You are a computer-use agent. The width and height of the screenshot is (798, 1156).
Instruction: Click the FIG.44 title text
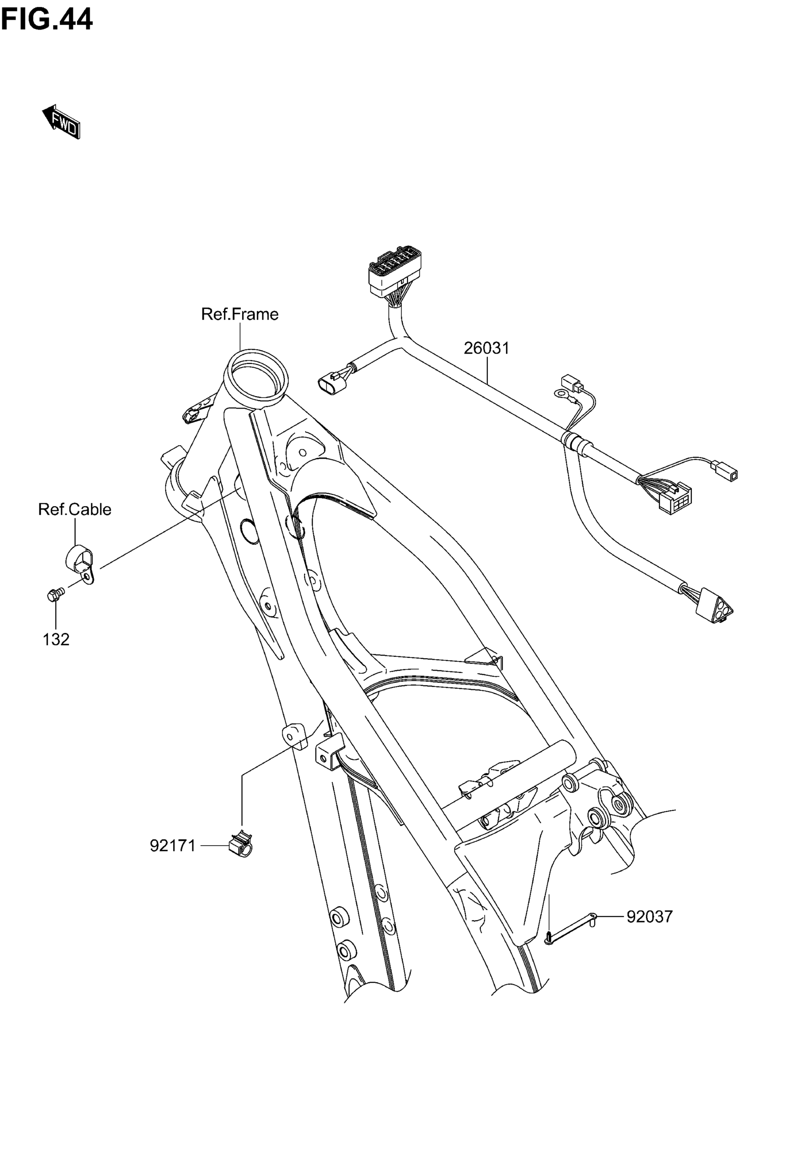[46, 20]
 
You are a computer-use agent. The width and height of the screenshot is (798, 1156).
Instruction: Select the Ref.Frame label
[239, 314]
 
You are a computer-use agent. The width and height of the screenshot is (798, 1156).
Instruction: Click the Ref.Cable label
[75, 509]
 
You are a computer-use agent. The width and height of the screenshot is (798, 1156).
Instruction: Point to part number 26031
[486, 348]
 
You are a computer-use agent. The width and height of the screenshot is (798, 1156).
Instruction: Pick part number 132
[56, 640]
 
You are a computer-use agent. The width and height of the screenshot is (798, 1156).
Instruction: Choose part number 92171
[172, 846]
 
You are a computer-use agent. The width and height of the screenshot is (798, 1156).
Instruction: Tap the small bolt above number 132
[54, 594]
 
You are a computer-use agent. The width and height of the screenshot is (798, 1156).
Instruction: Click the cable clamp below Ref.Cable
[80, 562]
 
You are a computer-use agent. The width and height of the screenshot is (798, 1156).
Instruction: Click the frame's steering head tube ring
[256, 375]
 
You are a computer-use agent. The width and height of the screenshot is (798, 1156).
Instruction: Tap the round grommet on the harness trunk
[573, 441]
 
